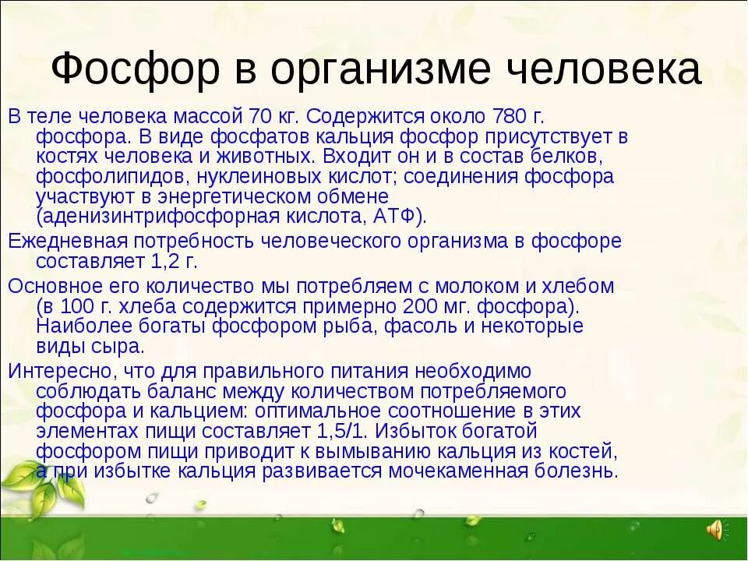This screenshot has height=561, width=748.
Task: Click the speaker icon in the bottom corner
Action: click(714, 531)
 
